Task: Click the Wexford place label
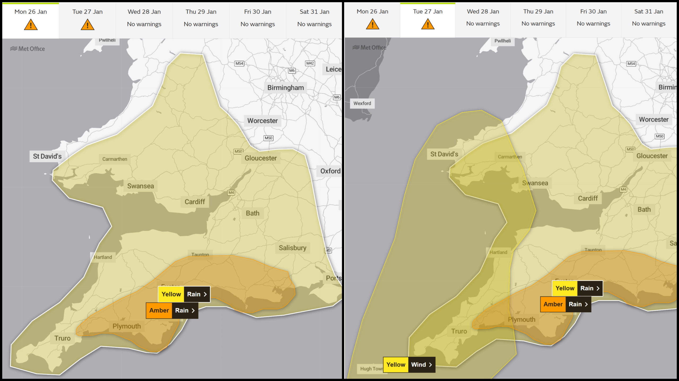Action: [x=362, y=103]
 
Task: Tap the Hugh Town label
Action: [x=371, y=369]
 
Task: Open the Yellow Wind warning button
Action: [x=409, y=365]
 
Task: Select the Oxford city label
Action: [x=330, y=171]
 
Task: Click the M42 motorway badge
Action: [x=310, y=63]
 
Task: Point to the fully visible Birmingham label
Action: [x=285, y=88]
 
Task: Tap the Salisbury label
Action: [x=292, y=248]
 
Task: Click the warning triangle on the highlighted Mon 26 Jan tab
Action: [x=31, y=25]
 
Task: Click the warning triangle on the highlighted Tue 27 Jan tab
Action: [x=428, y=24]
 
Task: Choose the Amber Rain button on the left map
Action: [x=172, y=310]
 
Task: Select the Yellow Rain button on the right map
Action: [x=577, y=288]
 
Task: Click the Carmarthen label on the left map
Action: [x=115, y=159]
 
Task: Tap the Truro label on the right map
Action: [x=459, y=331]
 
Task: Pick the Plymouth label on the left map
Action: [x=127, y=326]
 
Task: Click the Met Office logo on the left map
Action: [x=28, y=49]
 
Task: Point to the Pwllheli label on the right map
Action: [x=502, y=41]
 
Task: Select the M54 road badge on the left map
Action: [x=239, y=63]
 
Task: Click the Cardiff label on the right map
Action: [x=588, y=198]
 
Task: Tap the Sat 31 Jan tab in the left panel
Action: [x=314, y=18]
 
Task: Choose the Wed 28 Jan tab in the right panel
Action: [x=483, y=17]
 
